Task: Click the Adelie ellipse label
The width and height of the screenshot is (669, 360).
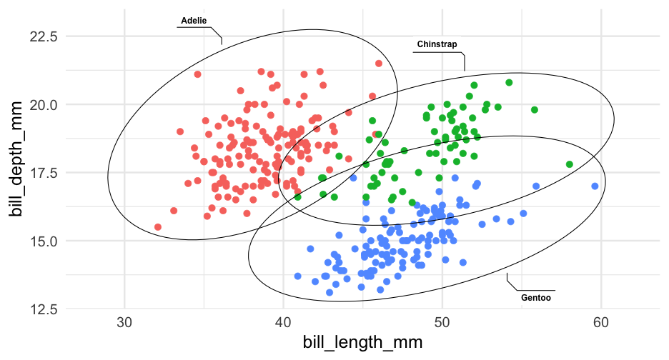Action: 194,20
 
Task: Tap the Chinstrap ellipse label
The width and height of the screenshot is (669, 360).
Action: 437,44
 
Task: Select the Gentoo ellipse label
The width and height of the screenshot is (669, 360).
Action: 536,298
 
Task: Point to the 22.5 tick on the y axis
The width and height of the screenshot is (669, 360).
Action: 44,36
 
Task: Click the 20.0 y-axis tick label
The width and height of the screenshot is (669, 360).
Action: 44,104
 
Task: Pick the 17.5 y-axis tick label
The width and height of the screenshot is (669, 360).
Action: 44,173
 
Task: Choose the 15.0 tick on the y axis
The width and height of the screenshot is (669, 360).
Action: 44,241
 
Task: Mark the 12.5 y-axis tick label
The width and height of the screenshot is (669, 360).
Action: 44,309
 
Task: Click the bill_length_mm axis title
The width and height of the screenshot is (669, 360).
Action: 362,343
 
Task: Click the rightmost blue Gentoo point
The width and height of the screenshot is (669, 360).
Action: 595,186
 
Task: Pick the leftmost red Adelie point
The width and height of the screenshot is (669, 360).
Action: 158,227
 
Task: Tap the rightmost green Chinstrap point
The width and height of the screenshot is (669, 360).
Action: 570,164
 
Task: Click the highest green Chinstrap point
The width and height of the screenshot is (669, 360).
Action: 509,83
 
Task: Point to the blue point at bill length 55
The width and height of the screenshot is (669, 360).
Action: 523,214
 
